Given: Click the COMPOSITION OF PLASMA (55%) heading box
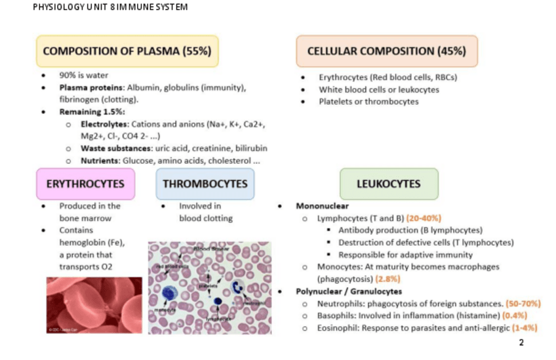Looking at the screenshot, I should (x=127, y=51).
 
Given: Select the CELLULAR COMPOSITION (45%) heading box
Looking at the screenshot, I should (x=386, y=51).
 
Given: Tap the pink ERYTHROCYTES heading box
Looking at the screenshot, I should (x=85, y=184).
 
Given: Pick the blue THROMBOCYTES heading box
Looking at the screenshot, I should (x=205, y=184).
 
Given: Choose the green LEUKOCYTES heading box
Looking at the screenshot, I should (x=388, y=184).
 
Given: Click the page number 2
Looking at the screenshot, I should (x=521, y=342).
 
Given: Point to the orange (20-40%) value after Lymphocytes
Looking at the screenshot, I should (x=424, y=218).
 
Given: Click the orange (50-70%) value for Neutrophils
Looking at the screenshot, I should (x=524, y=304).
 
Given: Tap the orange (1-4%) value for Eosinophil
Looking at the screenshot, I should (x=525, y=327).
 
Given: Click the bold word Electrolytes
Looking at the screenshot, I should (x=104, y=124).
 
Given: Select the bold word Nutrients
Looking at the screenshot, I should (x=99, y=160).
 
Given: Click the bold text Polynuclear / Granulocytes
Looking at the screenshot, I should (x=349, y=291).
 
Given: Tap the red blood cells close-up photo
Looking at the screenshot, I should (x=94, y=305).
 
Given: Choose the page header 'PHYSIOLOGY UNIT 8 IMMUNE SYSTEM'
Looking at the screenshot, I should (x=110, y=7).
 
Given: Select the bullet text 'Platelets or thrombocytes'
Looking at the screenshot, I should (x=368, y=101).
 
